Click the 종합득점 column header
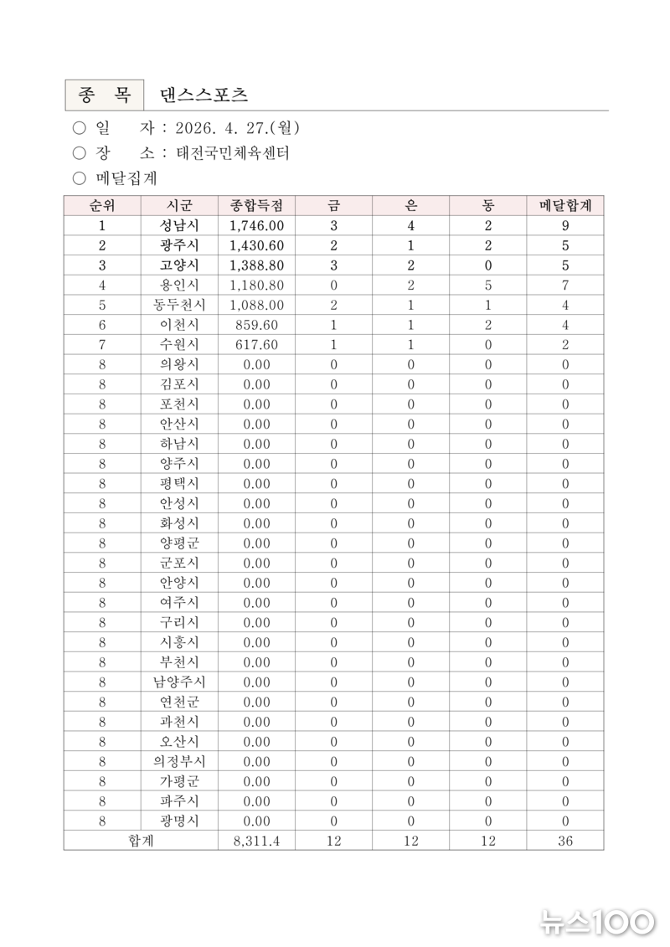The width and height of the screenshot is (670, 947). pos(257,205)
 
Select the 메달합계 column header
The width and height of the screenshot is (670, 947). pos(565,205)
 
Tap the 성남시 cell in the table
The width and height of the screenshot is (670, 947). pos(179,225)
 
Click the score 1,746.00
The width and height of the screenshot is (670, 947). pos(257,225)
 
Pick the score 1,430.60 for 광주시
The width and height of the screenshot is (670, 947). pos(257,245)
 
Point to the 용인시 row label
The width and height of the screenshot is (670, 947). pos(179,286)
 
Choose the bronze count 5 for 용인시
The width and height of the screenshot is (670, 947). pos(488,286)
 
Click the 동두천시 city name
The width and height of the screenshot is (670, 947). pos(179,305)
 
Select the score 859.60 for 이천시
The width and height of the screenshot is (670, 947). pos(257,325)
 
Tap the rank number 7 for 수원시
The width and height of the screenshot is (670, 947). pos(102,345)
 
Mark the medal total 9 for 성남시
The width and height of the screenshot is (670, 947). pos(565,225)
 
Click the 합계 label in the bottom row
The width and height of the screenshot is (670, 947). pos(141,841)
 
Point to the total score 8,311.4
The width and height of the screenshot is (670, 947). pos(257,841)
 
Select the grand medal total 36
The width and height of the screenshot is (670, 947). pos(565,841)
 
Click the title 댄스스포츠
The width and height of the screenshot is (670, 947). pos(204,95)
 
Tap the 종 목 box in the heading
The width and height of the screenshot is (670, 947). pos(104,95)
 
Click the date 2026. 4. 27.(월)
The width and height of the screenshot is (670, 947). pos(238,128)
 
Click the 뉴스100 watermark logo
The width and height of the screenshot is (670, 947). pos(596,923)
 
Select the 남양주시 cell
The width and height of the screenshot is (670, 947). pos(179,682)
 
